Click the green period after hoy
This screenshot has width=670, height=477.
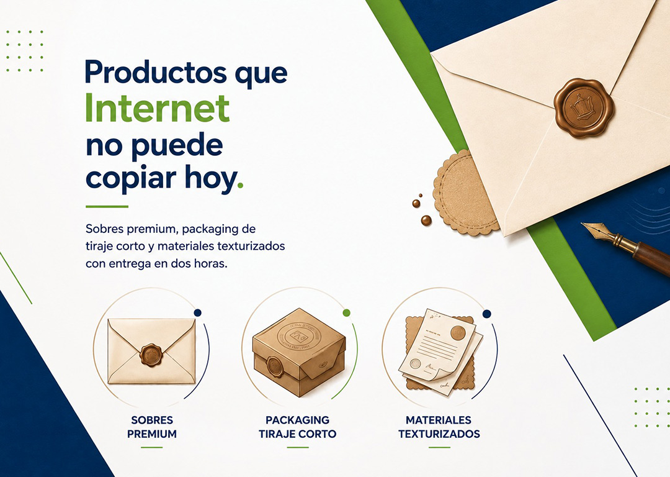[240, 185]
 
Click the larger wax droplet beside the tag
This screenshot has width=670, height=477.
[426, 220]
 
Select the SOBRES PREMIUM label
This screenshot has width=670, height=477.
[152, 427]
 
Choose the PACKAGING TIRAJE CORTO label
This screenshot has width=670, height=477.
[297, 427]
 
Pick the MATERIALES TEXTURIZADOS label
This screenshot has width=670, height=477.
[439, 427]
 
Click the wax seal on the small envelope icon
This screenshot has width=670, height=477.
[151, 354]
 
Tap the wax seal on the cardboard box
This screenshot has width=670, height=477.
[275, 366]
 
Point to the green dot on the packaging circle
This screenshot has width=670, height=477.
[347, 313]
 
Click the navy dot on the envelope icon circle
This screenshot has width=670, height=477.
[197, 313]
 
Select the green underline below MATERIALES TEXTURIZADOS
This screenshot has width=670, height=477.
[439, 447]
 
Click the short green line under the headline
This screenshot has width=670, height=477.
[107, 207]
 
